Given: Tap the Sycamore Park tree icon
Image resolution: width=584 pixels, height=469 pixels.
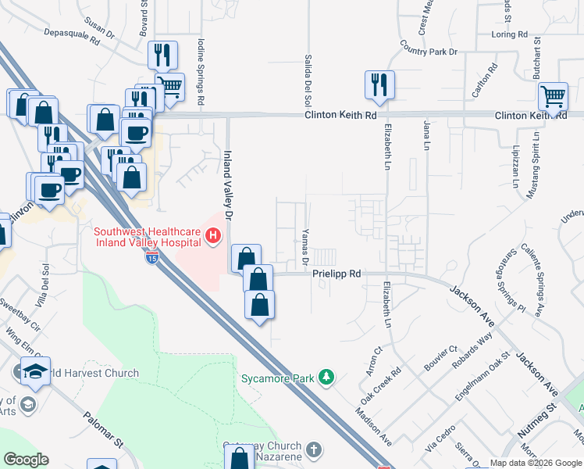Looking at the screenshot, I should [x=326, y=378].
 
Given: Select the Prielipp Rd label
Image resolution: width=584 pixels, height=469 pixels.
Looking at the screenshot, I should [x=337, y=274].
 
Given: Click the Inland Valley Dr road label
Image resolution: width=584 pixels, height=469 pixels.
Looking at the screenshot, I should [x=229, y=184].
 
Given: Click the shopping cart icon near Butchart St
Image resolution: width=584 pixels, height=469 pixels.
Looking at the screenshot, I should [x=553, y=97].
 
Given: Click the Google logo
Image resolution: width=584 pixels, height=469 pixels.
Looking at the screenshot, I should [x=25, y=460].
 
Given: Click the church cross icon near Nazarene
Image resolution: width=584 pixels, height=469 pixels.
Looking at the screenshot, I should [x=313, y=450].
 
